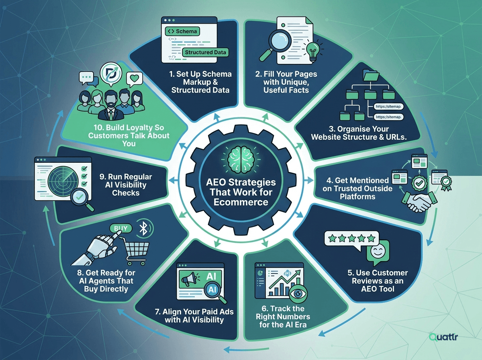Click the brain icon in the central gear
pos(241,160)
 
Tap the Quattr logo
pos(443,337)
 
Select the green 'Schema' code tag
pos(182,31)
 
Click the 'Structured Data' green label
pos(205,52)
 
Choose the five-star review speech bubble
pos(352,239)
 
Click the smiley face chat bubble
pos(378,252)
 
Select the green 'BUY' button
pos(121,228)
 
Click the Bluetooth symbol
pos(144,228)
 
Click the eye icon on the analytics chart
pos(298,293)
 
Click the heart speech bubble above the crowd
pos(135,80)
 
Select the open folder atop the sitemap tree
pos(371,75)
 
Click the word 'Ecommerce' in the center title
pos(241,202)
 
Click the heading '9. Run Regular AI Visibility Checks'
pos(126,185)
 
